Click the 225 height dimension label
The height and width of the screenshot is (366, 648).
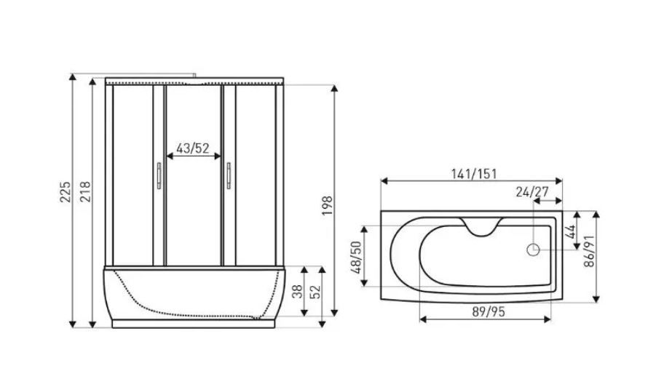click(66, 192)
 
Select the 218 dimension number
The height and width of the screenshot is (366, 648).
click(85, 191)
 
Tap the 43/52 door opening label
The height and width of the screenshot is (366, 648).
click(193, 148)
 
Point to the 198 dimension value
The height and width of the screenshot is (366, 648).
click(328, 205)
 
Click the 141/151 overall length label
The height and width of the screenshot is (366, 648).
click(473, 174)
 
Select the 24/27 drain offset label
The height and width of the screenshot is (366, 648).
click(532, 191)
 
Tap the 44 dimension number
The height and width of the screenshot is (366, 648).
click(570, 231)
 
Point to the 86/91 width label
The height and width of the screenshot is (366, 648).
click(589, 251)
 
